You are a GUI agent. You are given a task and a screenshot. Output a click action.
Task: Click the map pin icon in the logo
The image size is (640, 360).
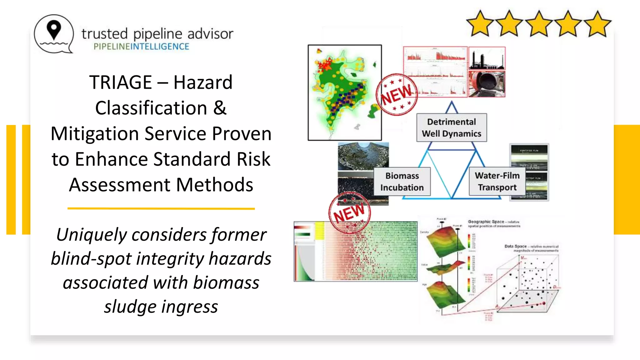(x=54, y=30)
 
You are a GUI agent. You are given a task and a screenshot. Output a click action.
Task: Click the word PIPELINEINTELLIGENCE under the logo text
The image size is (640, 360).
(x=141, y=47)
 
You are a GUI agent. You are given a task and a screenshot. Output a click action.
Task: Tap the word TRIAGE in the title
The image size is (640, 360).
(x=121, y=82)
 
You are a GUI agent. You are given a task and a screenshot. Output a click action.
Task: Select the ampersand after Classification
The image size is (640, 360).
(x=220, y=108)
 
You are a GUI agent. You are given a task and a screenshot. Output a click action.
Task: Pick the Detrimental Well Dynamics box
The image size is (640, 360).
(x=452, y=127)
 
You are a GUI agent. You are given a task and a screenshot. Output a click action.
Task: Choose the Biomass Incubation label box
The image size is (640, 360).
(x=402, y=182)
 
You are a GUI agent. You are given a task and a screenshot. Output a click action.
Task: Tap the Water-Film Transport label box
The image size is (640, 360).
(x=497, y=181)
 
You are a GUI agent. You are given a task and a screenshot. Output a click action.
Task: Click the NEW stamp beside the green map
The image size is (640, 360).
(x=397, y=94)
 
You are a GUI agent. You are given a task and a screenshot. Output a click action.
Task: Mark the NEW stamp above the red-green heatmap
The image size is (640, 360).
(x=349, y=213)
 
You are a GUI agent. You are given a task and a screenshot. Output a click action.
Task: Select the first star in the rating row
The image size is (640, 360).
(x=479, y=24)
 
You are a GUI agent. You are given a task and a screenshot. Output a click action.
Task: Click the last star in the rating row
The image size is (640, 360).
(x=597, y=24)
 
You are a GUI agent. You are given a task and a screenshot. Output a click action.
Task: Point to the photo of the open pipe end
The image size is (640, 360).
(x=487, y=84)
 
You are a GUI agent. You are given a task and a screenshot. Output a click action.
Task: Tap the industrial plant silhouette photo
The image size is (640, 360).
(x=487, y=58)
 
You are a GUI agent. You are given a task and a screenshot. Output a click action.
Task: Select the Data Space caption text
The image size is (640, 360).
(x=531, y=248)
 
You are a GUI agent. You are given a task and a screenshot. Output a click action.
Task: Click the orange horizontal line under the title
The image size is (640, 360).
(x=161, y=208)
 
